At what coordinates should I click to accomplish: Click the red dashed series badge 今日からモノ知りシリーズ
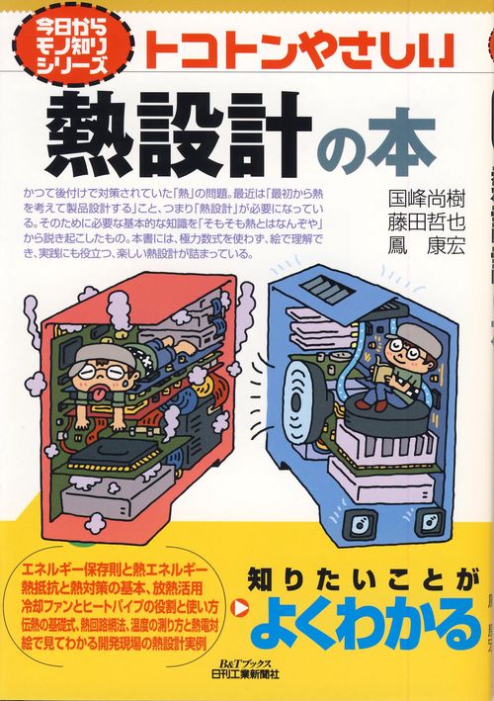74,46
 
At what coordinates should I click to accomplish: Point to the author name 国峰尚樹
427,200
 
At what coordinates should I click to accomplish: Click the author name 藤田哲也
427,222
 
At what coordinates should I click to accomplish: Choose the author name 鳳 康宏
427,246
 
